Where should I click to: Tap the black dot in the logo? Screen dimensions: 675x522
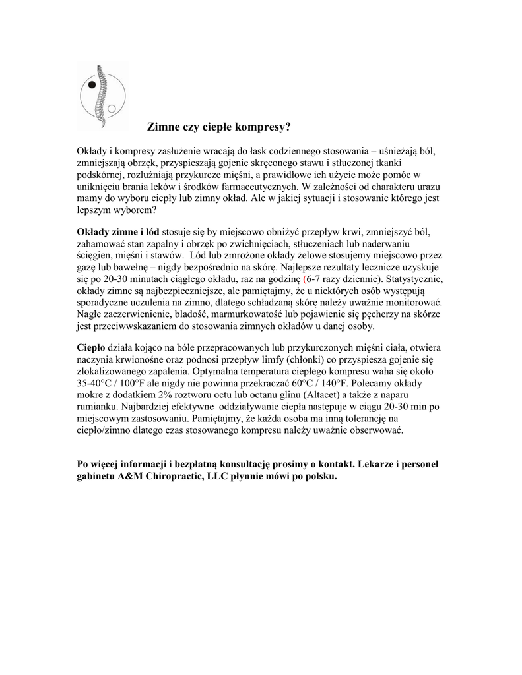(x=93, y=85)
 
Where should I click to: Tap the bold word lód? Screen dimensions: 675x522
(x=151, y=232)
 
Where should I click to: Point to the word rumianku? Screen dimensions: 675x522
(x=98, y=407)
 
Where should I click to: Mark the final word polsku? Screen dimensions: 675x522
(x=321, y=477)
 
